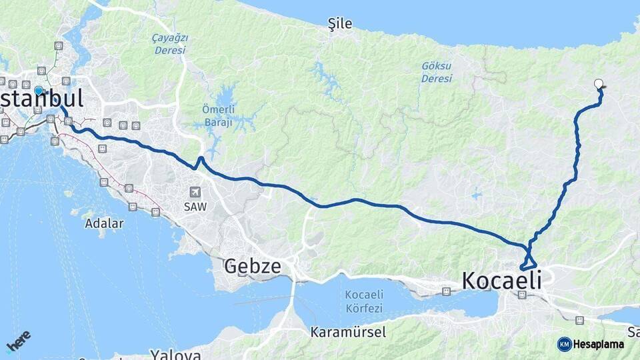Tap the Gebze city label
pos(252,266)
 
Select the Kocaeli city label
pos(501,281)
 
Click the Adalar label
pos(104,224)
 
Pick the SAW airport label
pos(195,207)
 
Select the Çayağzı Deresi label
pos(170,44)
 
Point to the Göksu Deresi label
pos(437,72)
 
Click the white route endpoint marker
pos(599,84)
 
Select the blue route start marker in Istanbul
pos(39,91)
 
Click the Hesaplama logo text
pos(598,345)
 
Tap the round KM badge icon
pos(565,344)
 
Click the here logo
pos(18,341)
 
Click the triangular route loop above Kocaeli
pos(531,258)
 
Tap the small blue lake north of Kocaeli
pos(475,196)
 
